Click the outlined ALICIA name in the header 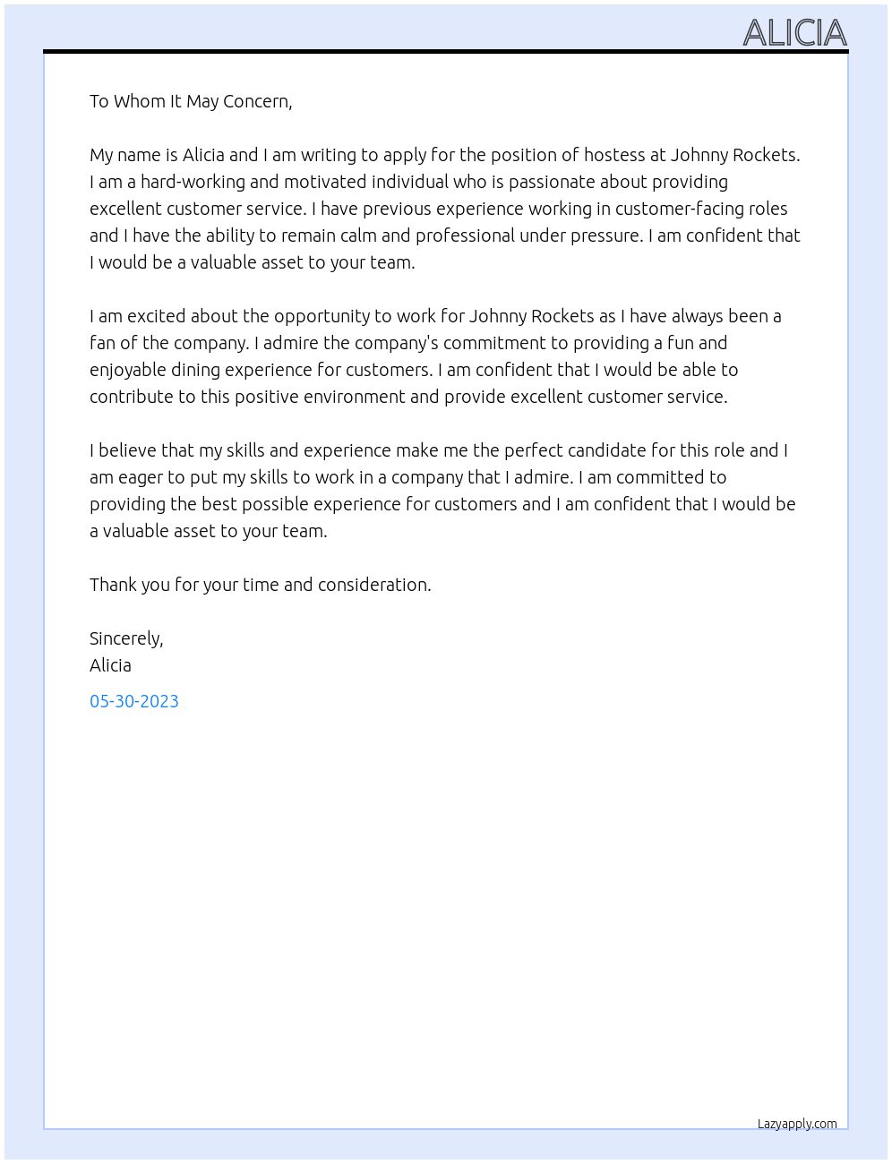click(x=794, y=33)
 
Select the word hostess click(x=614, y=155)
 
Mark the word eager click(x=140, y=477)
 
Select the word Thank click(x=113, y=585)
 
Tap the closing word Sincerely click(x=126, y=638)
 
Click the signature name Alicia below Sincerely click(x=110, y=665)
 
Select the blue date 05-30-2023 click(x=134, y=701)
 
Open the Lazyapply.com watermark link click(x=797, y=1124)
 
